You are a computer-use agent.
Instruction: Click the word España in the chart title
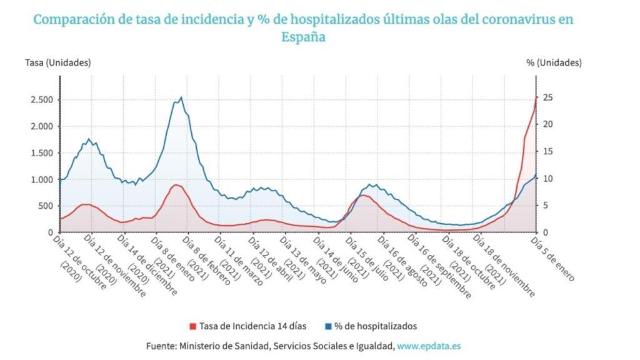pos(303,37)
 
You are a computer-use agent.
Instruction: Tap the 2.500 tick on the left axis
pos(40,99)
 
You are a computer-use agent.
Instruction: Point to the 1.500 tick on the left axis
pos(40,152)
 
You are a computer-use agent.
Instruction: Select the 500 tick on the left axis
pos(45,206)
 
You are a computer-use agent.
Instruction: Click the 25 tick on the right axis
pos(547,97)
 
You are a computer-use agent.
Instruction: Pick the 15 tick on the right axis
pos(547,151)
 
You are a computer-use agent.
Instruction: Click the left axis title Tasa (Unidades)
pos(57,62)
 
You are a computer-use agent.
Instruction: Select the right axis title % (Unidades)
pos(554,62)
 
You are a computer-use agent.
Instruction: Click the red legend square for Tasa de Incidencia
pos(192,326)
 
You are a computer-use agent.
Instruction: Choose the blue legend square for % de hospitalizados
pos(328,326)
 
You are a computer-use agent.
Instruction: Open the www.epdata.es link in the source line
pos(429,346)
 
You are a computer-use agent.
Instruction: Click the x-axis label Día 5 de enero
pos(552,259)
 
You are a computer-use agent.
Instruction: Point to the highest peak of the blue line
pos(181,97)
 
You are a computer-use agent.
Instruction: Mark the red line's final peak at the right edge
pos(536,97)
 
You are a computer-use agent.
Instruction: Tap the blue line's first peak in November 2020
pos(89,139)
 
